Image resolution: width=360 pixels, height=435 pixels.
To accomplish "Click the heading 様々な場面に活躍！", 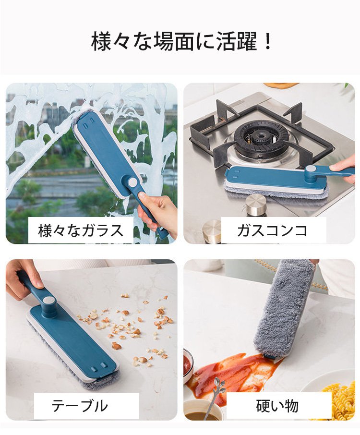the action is pyautogui.click(x=181, y=42).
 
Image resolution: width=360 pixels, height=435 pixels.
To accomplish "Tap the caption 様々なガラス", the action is pyautogui.click(x=81, y=230).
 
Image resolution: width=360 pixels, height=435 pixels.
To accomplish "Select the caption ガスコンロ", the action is pyautogui.click(x=273, y=230).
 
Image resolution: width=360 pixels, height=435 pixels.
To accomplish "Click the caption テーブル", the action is pyautogui.click(x=80, y=406).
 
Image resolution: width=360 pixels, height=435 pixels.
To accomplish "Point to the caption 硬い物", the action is pyautogui.click(x=277, y=406).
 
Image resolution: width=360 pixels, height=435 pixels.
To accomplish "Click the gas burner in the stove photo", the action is pyautogui.click(x=259, y=138).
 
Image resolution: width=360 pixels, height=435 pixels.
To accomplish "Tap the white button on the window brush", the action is pyautogui.click(x=132, y=182).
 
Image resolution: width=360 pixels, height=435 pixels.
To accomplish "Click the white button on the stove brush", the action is pyautogui.click(x=310, y=169).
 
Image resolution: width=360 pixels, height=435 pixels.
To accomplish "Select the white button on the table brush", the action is pyautogui.click(x=49, y=300).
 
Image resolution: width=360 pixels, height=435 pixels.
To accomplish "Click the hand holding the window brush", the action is pyautogui.click(x=157, y=212).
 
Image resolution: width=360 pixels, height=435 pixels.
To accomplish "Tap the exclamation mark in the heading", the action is pyautogui.click(x=268, y=42).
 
